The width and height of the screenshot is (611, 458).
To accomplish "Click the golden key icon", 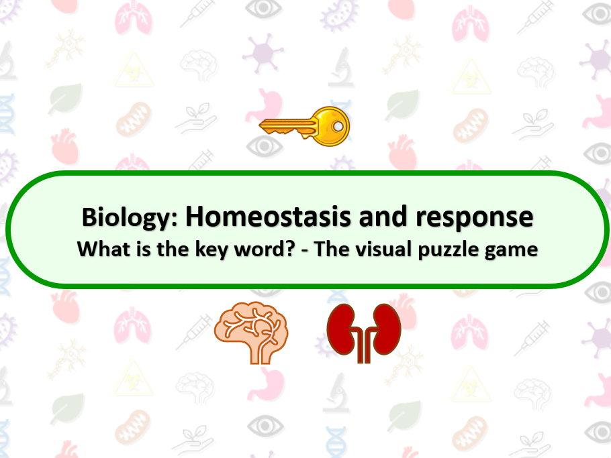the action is [304, 127].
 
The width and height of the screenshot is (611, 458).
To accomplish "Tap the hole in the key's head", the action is [338, 126].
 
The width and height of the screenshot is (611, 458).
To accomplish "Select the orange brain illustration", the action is [251, 333].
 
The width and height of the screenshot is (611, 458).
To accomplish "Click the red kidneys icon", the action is [364, 333].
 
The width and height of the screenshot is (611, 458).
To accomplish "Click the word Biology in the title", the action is [130, 217].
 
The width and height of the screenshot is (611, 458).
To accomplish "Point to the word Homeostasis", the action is [269, 217].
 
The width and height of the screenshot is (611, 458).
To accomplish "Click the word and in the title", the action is [383, 217].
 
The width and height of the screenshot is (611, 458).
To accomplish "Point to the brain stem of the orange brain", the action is [261, 353].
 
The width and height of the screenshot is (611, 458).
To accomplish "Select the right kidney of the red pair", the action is [387, 329].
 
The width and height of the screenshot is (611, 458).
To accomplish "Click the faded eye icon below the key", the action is [265, 146].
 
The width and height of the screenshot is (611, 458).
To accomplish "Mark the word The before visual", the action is [331, 249].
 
